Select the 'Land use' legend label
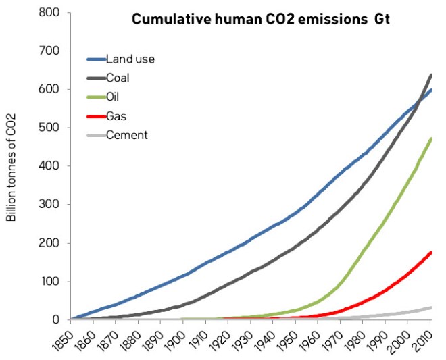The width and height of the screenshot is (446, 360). pyautogui.click(x=130, y=59)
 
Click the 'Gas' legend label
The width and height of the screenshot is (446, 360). pyautogui.click(x=116, y=116)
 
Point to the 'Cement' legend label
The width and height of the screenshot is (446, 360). pyautogui.click(x=126, y=135)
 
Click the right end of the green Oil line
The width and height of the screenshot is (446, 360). pyautogui.click(x=431, y=138)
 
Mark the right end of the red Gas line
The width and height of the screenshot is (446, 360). pyautogui.click(x=431, y=252)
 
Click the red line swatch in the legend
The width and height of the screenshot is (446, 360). pyautogui.click(x=97, y=116)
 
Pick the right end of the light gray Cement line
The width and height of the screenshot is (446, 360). pyautogui.click(x=431, y=307)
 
